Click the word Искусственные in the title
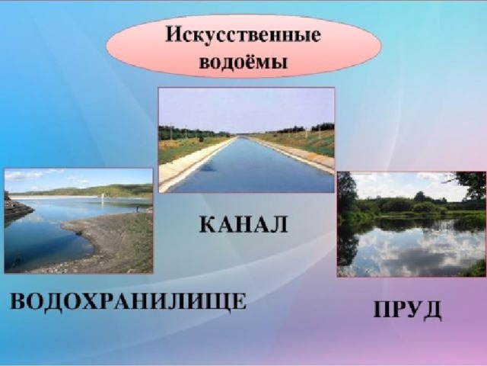243,34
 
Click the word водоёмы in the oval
243,62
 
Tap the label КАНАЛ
243,224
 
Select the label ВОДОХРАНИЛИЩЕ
129,301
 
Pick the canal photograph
247,140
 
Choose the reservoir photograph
78,220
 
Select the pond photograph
412,224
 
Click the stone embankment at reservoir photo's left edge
15,207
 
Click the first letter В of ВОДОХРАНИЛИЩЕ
18,300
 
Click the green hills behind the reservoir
93,190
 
